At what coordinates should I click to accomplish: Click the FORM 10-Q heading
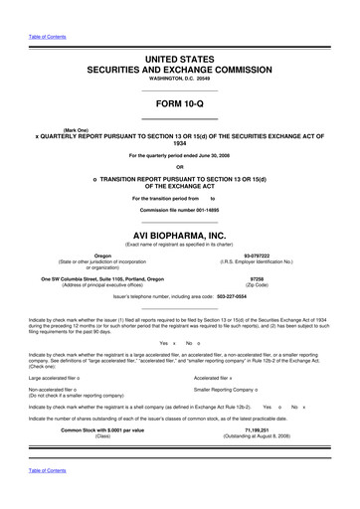[x=180, y=103]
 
